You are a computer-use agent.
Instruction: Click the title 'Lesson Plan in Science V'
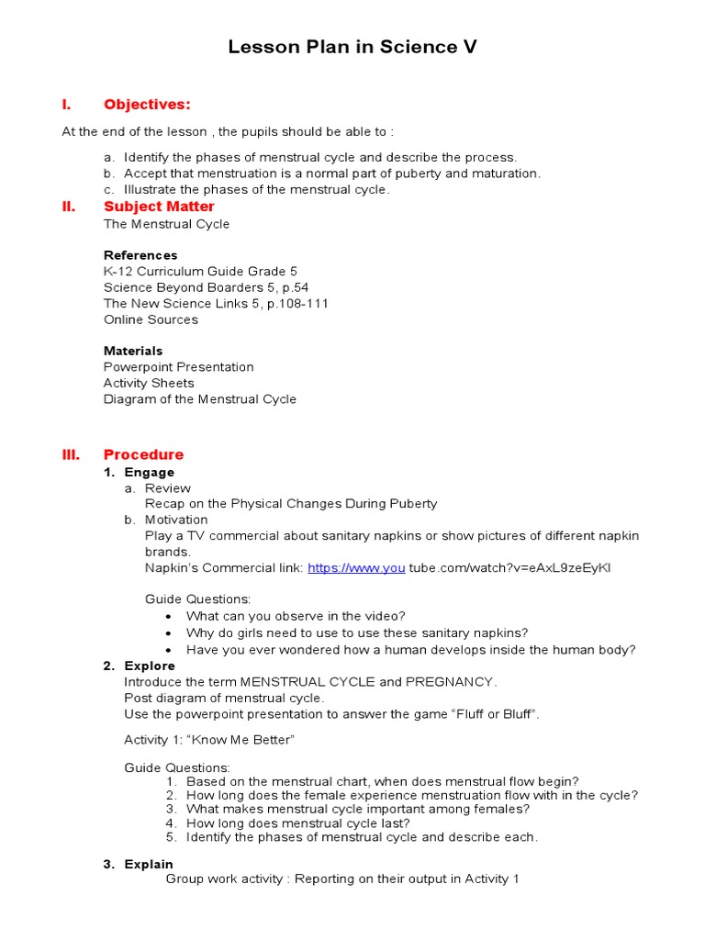click(352, 48)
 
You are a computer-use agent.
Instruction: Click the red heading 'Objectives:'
click(147, 105)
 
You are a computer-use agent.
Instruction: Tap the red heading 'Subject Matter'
click(159, 207)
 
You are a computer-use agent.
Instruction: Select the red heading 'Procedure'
click(143, 454)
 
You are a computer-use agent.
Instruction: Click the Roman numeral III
click(71, 454)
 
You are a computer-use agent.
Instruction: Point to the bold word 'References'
click(140, 255)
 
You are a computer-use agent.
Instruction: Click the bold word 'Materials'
click(133, 351)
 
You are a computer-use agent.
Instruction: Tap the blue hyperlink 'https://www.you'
click(356, 568)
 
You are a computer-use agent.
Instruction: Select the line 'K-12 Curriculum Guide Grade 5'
click(200, 272)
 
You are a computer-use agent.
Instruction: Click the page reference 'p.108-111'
click(298, 303)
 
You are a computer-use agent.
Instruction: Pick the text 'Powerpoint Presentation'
click(178, 367)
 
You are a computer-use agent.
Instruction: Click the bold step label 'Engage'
click(150, 473)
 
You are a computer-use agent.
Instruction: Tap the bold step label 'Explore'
click(150, 666)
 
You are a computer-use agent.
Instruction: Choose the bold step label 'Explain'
click(149, 864)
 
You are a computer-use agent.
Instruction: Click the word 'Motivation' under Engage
click(176, 520)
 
